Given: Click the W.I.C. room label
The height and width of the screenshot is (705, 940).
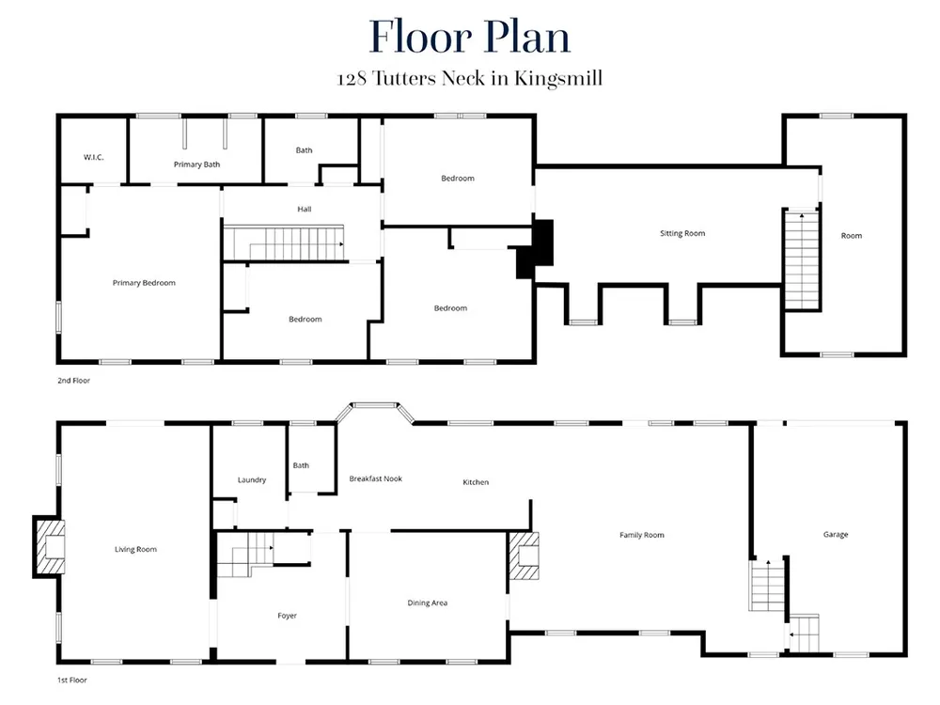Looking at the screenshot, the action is click(x=93, y=157).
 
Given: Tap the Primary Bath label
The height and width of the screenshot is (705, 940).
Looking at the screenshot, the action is click(x=196, y=164).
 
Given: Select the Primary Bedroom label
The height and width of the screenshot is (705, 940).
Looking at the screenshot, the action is click(x=144, y=283).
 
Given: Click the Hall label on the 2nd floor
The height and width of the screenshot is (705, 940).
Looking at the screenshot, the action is click(x=304, y=210).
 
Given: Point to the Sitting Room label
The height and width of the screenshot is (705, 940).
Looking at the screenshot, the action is click(x=682, y=233).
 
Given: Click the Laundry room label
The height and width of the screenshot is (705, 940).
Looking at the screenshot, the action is click(x=252, y=479).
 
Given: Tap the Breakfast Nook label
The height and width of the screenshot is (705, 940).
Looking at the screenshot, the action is click(x=375, y=478).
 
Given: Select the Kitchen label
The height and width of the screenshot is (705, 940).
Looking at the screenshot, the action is click(x=476, y=482).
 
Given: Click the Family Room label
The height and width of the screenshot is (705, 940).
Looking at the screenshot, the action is click(x=641, y=535).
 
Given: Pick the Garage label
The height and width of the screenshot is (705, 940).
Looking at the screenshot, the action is click(x=835, y=534).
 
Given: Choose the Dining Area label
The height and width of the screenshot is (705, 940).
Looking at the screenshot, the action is click(x=428, y=603).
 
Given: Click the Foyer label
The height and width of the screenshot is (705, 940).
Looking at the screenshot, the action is click(x=287, y=616).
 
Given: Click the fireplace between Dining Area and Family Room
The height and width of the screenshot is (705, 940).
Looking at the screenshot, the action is click(x=524, y=556).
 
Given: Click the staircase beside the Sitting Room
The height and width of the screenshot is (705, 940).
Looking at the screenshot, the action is click(x=802, y=259).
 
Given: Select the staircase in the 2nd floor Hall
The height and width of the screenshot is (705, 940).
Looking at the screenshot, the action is click(x=284, y=243).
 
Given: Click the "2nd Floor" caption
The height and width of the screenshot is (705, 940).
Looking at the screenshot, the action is click(x=73, y=380).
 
